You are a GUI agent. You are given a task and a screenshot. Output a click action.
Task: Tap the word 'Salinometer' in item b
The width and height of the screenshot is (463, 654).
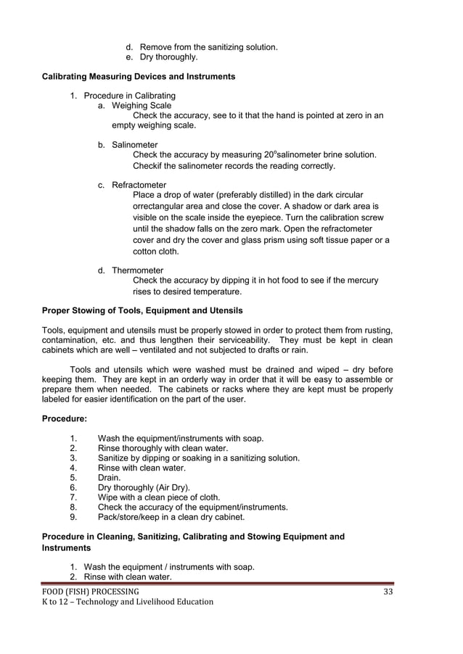pyautogui.click(x=134, y=145)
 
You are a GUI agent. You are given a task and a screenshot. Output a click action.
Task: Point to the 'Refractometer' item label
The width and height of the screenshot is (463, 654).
pyautogui.click(x=139, y=185)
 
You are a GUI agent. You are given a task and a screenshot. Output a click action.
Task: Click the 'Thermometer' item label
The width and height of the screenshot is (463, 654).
pyautogui.click(x=137, y=270)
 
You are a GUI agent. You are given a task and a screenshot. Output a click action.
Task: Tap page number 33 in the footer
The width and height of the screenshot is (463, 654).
pyautogui.click(x=388, y=592)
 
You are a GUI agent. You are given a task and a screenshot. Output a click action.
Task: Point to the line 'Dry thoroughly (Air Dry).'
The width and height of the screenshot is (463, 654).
pyautogui.click(x=144, y=488)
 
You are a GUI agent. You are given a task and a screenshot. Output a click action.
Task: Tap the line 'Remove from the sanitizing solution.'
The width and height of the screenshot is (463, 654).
pyautogui.click(x=208, y=47)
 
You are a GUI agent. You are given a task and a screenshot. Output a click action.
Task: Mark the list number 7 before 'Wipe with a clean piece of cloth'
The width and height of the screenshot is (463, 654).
pyautogui.click(x=73, y=497)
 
